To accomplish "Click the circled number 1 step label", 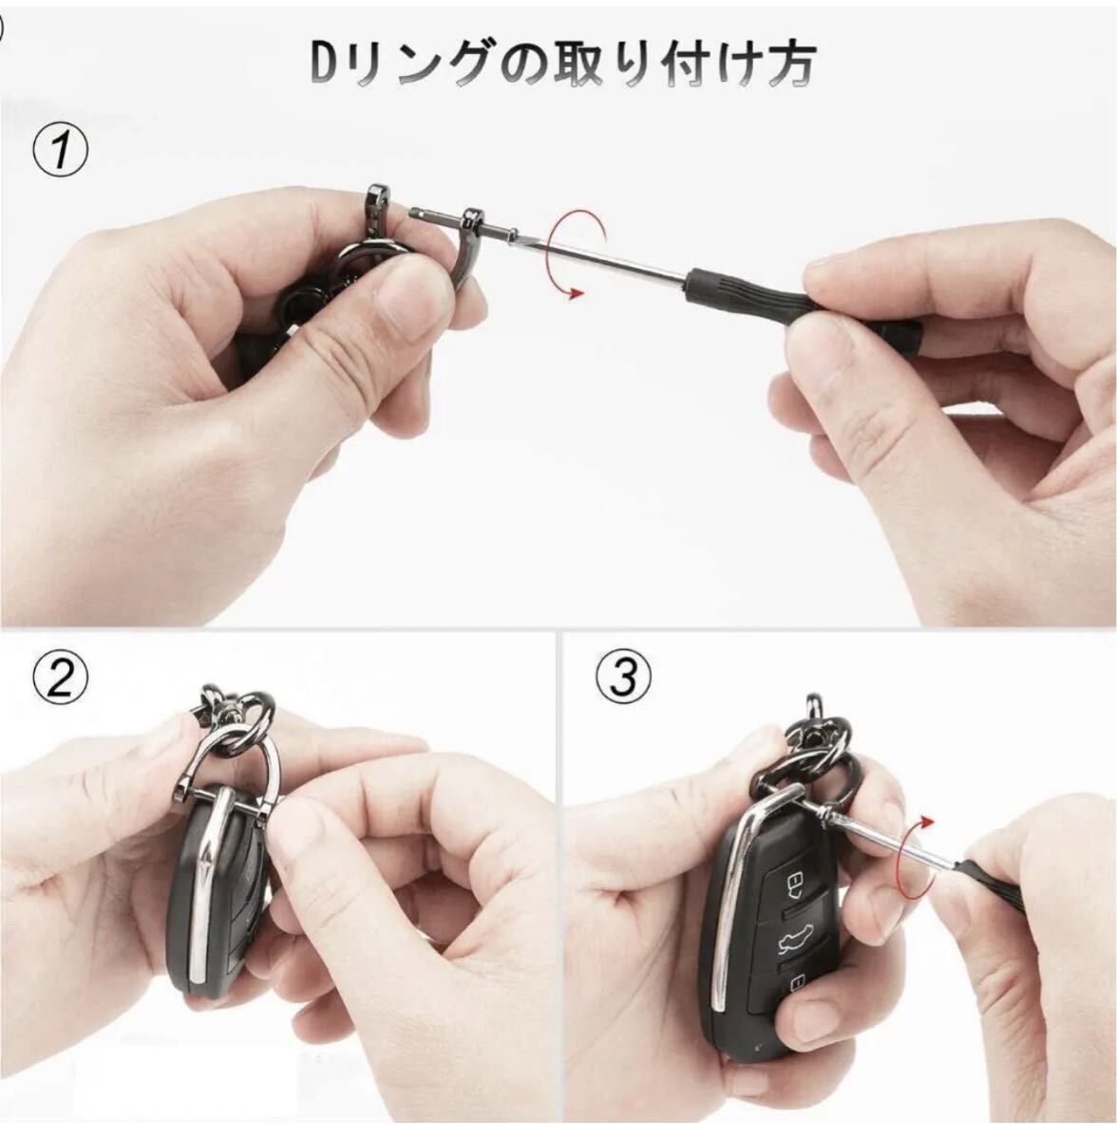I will pos(61,150).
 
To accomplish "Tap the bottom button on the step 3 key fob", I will pos(796,983).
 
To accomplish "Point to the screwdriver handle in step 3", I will pos(977,868).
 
